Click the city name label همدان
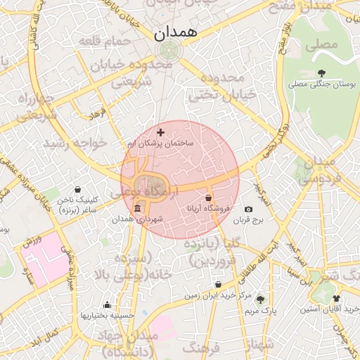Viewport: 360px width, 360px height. coord(176,32)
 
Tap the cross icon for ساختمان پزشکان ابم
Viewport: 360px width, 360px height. coord(161,132)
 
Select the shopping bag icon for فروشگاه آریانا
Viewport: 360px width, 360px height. coord(209,198)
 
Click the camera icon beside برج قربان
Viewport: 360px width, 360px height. coord(248,210)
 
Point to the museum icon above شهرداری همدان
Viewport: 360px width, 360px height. coord(136,209)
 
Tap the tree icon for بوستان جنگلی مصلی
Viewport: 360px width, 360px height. coord(321,73)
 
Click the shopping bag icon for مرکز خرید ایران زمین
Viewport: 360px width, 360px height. coord(219,285)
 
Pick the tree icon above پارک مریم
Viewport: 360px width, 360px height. coord(260,300)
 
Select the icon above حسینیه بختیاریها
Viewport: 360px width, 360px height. coord(107,305)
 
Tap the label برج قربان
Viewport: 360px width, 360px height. coord(247,220)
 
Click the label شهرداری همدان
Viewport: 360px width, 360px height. coord(138,219)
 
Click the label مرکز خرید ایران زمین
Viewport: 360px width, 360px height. coord(219,295)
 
